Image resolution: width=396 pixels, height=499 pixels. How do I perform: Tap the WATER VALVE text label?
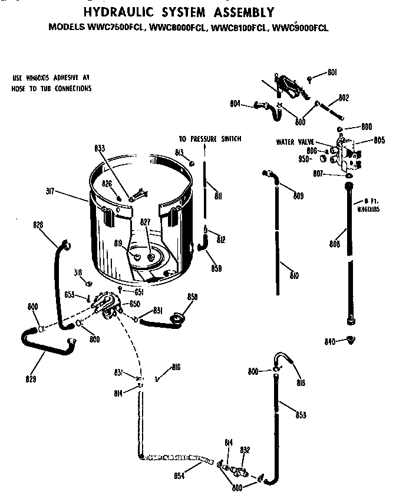[294, 142]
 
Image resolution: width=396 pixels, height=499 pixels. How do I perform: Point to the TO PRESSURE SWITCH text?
[210, 139]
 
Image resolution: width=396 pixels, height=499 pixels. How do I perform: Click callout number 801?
[332, 72]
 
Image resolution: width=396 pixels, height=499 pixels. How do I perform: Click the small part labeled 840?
[352, 340]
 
